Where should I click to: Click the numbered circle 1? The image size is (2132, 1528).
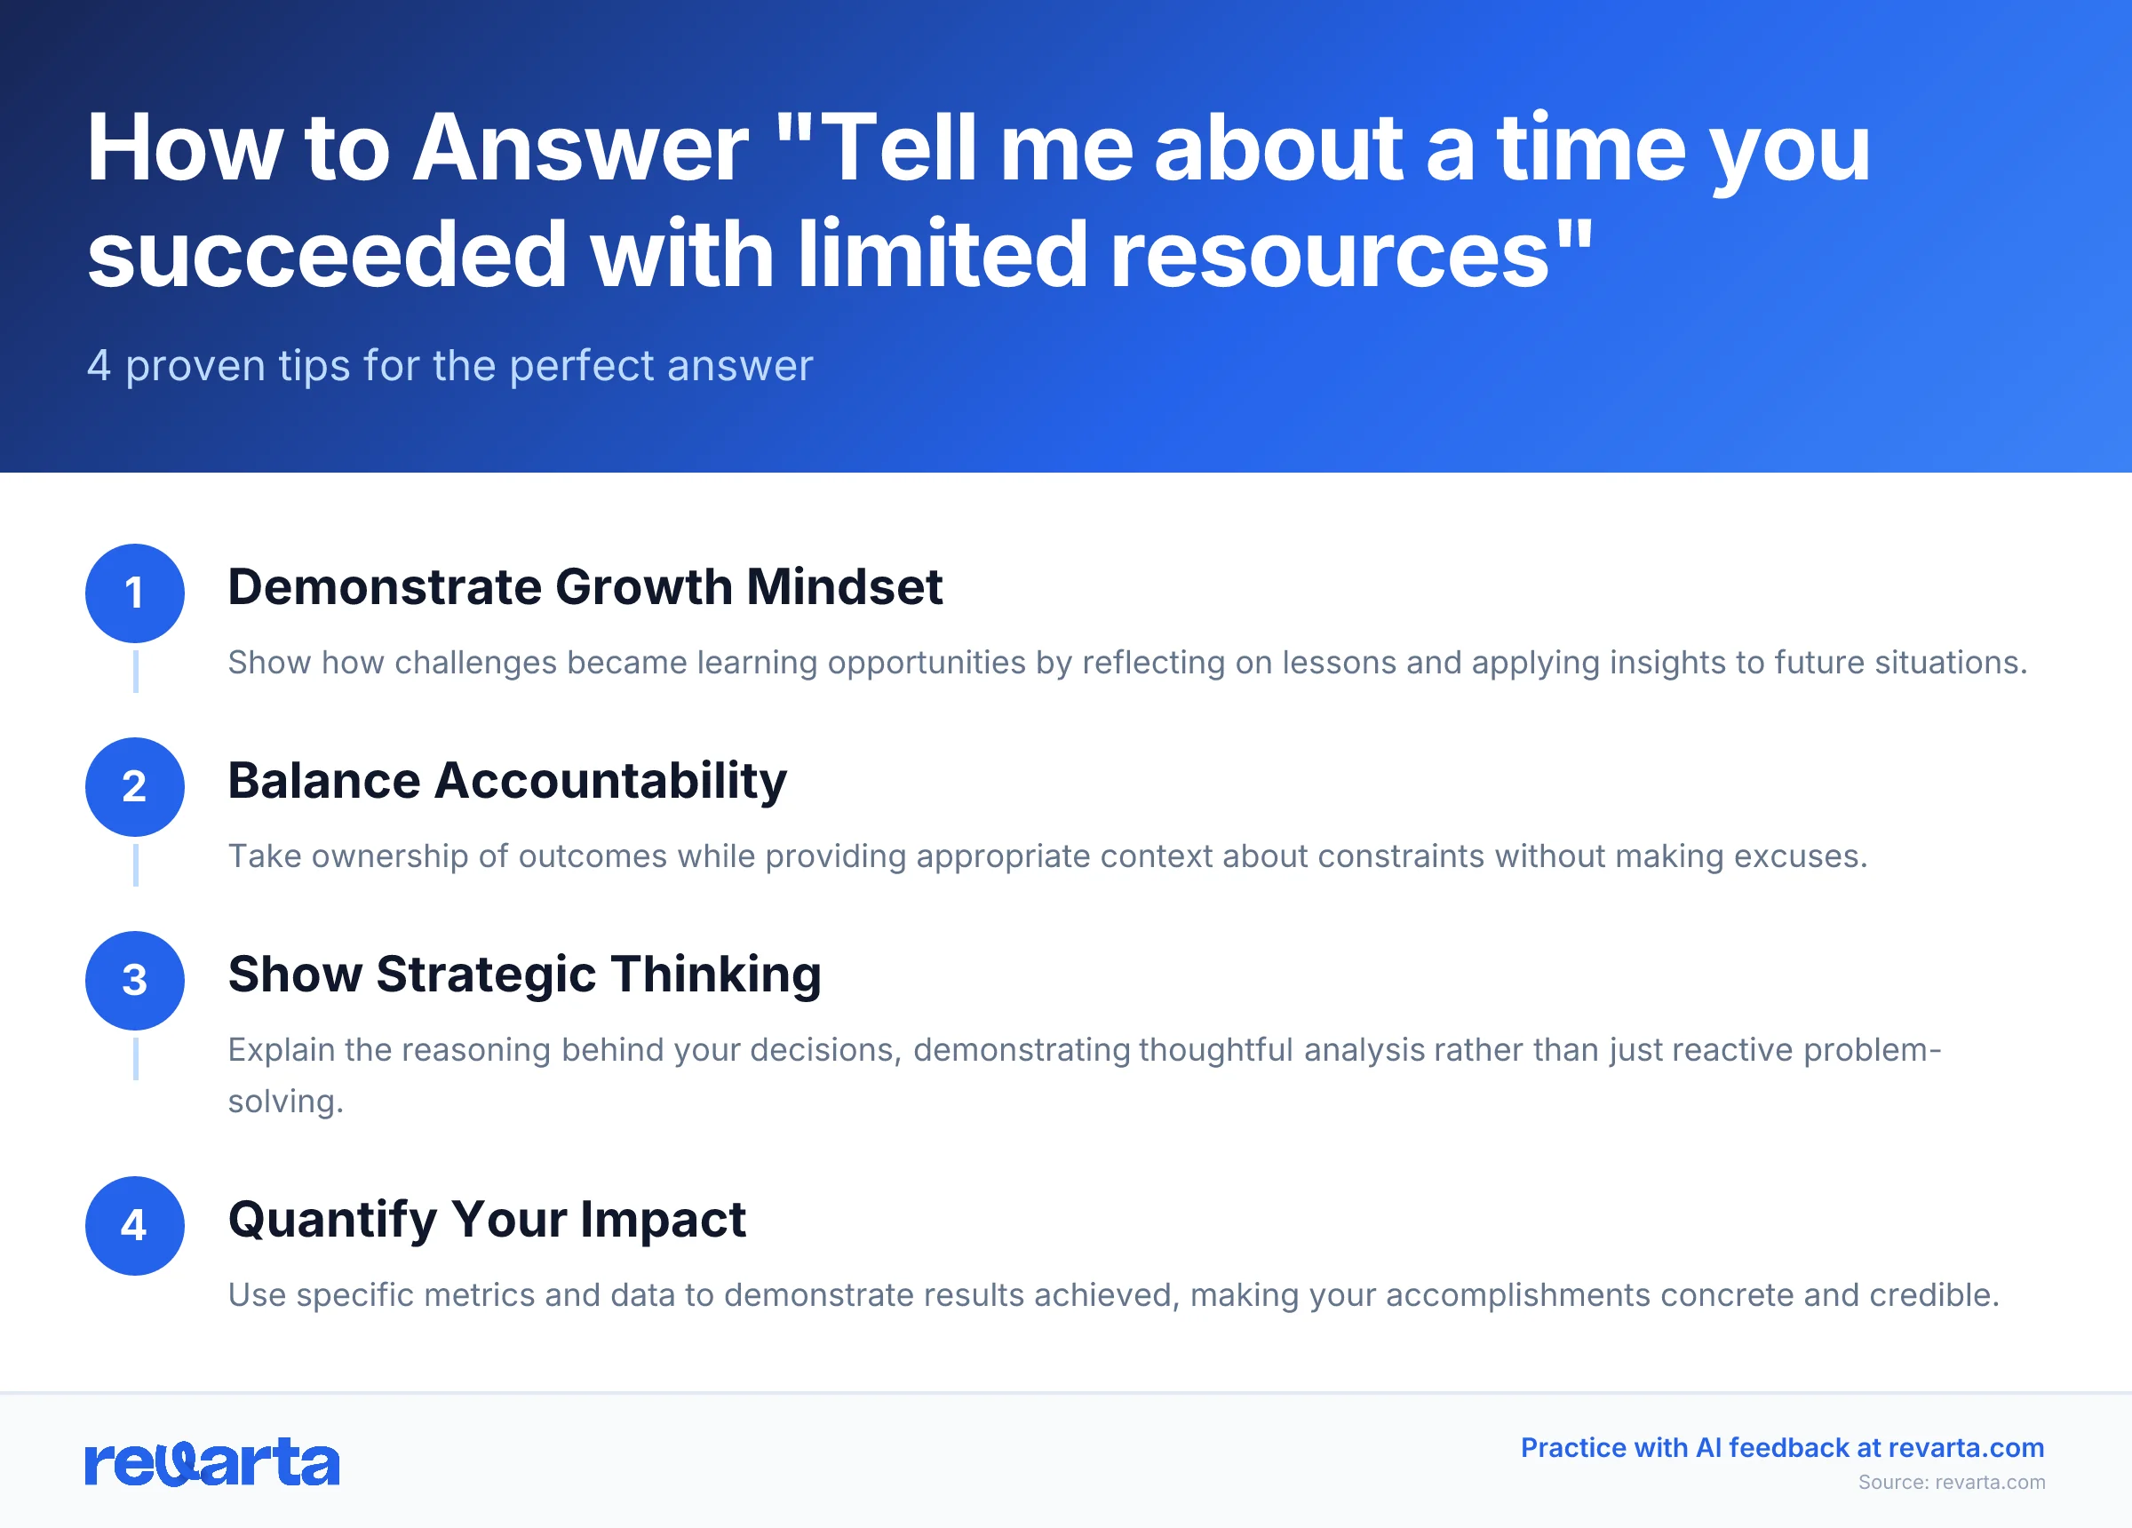pos(134,593)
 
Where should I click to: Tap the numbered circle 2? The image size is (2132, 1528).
pos(134,787)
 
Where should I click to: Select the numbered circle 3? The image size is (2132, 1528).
pos(134,981)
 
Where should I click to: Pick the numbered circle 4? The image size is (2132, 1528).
pos(134,1226)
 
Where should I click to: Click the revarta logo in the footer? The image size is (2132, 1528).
pos(211,1462)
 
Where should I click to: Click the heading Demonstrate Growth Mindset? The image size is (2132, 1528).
pos(585,588)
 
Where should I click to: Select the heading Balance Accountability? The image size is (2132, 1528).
pos(506,782)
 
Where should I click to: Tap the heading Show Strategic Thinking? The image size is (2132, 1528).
pos(524,975)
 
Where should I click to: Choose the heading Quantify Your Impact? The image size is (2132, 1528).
pos(487,1221)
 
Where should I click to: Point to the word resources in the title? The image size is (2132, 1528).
pos(1329,255)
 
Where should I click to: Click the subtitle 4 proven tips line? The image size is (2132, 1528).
pos(449,366)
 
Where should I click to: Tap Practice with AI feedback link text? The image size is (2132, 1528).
pos(1782,1447)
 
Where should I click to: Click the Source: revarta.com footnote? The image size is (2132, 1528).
pos(1952,1482)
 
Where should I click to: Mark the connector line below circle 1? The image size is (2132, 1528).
pos(135,672)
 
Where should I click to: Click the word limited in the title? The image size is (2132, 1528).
pos(942,255)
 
